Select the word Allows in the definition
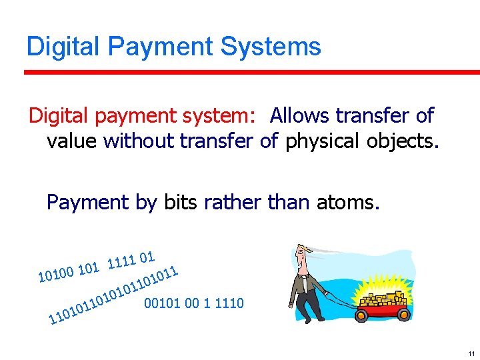tap(299, 116)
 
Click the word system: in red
tap(216, 116)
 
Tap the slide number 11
tap(471, 353)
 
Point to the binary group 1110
tap(229, 303)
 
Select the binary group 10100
tap(55, 273)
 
